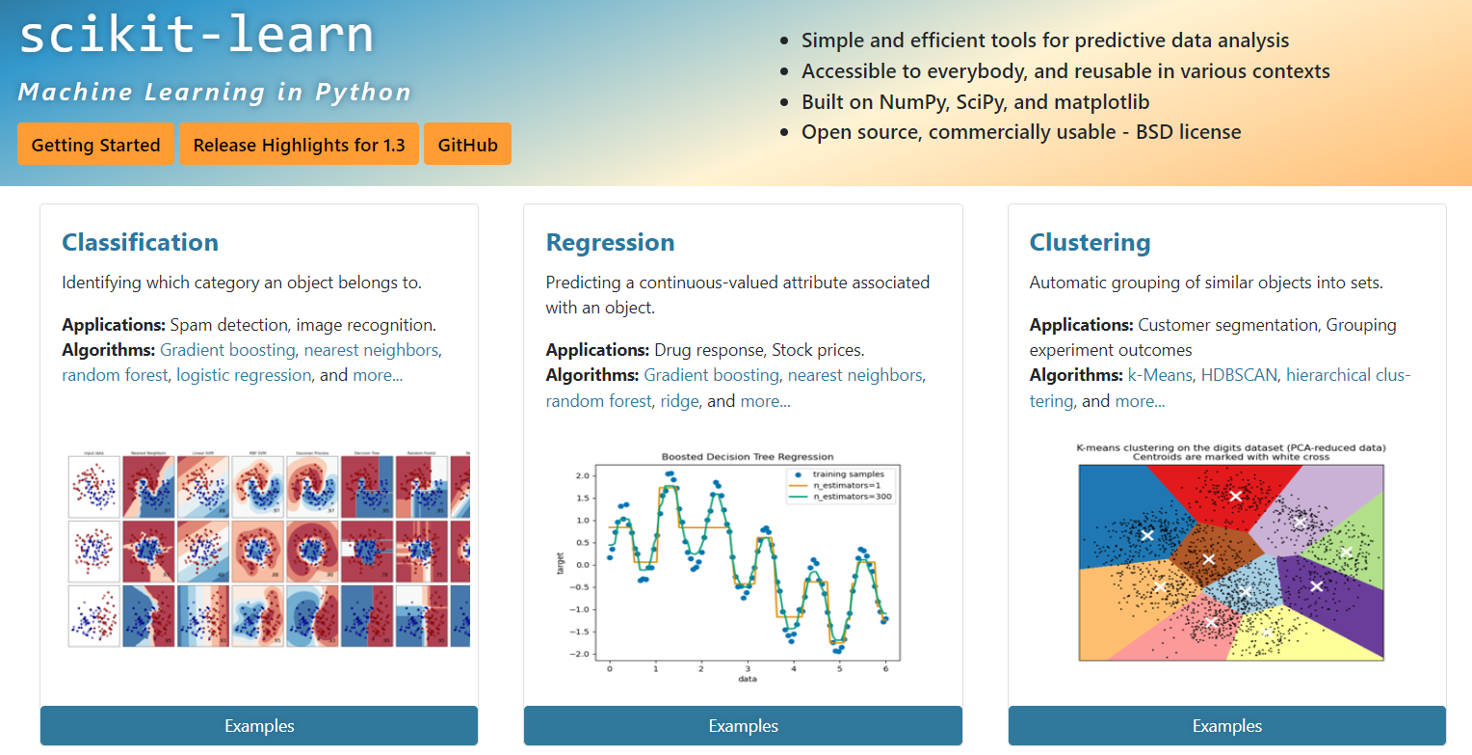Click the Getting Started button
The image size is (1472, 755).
(95, 145)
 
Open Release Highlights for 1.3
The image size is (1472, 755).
(299, 145)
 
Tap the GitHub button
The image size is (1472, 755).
(467, 145)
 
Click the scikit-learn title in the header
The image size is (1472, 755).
(196, 36)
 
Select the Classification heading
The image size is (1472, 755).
(140, 242)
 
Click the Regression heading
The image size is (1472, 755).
(610, 242)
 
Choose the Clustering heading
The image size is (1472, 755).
(1090, 242)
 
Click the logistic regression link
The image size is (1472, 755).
(244, 375)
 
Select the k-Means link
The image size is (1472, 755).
(1160, 375)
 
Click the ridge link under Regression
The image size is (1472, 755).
(679, 400)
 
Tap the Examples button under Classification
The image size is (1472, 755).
(259, 726)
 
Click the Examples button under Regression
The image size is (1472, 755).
(743, 726)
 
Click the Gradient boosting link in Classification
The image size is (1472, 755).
(227, 350)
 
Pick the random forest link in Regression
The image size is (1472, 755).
(598, 400)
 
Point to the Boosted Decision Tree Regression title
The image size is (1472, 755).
(748, 456)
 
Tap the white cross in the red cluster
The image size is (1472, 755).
(1236, 496)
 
